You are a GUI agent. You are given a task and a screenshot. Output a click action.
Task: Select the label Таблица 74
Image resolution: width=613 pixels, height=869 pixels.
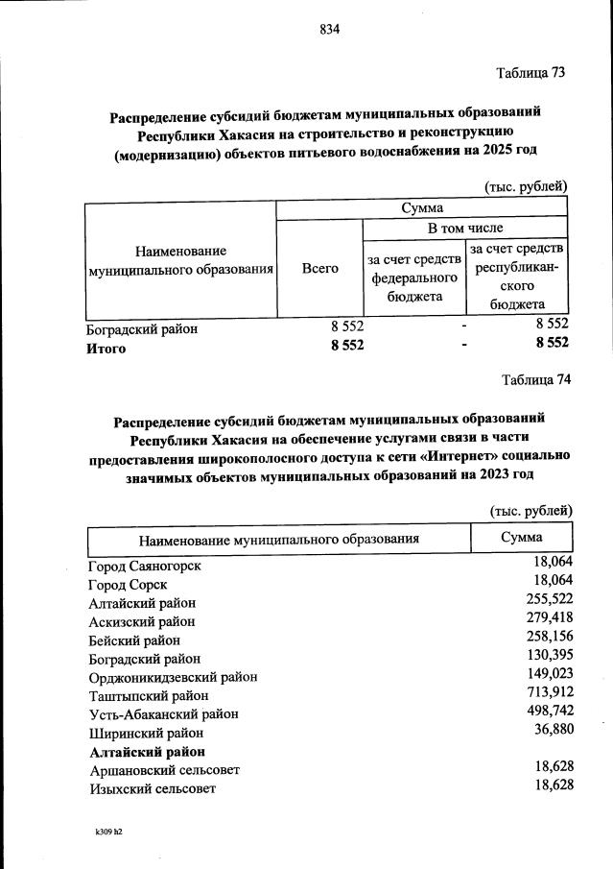(536, 378)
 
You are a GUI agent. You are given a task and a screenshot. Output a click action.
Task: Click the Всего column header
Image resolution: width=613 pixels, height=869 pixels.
(319, 268)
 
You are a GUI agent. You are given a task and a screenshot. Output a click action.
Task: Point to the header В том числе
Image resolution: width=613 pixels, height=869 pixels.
(465, 229)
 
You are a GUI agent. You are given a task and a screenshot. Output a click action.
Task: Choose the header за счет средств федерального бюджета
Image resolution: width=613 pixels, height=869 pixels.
(412, 278)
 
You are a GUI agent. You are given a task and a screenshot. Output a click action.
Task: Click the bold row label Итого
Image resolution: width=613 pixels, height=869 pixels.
(106, 349)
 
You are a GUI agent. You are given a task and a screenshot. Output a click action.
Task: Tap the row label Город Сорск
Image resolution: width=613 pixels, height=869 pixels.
(128, 584)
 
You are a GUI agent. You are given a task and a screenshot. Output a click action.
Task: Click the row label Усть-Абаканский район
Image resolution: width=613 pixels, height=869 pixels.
(163, 713)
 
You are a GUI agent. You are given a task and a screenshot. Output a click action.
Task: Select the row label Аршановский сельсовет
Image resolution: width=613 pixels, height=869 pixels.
(164, 769)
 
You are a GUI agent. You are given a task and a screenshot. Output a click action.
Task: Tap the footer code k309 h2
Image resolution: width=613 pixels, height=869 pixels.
(107, 832)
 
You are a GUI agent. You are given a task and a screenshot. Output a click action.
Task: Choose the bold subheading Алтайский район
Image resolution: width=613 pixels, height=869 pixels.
(148, 751)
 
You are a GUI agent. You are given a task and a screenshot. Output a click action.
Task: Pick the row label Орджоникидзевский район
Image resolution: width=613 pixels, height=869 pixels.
(173, 676)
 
